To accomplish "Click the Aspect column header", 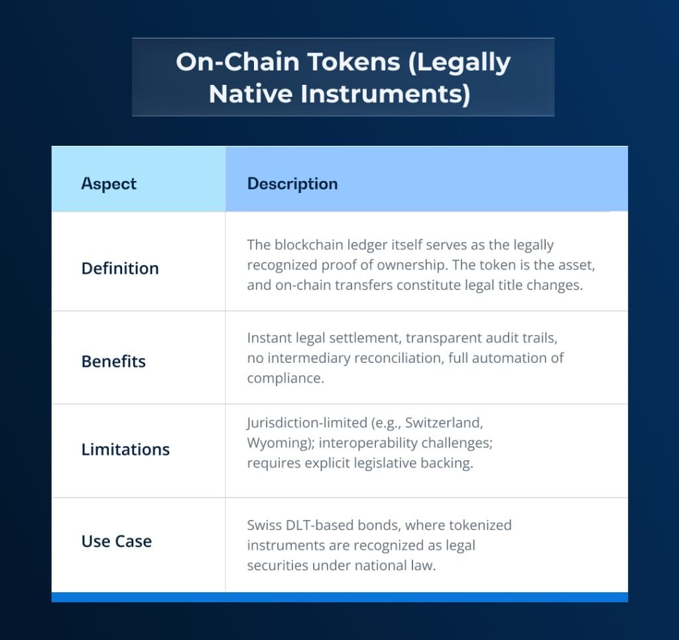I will (109, 184).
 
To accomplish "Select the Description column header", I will (292, 184).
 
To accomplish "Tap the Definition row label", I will (120, 269).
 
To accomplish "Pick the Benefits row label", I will (113, 361).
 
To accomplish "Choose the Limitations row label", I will (125, 450).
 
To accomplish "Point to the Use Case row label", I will (117, 541).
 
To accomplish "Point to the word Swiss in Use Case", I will (265, 525).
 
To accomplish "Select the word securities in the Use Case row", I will (278, 566).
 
